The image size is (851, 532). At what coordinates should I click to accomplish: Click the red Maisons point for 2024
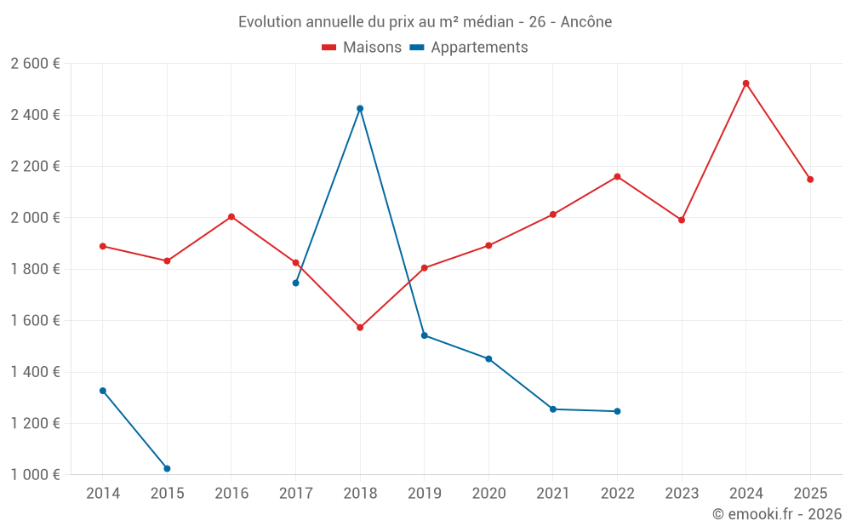(x=745, y=83)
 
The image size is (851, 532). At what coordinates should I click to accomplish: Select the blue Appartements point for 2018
(x=360, y=109)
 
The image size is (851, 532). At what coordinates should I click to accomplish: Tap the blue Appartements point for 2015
(x=167, y=468)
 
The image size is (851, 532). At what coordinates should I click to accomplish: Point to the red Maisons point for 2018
(x=360, y=328)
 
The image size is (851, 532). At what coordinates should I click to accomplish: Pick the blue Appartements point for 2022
(x=617, y=411)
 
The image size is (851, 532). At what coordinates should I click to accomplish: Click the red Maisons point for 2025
(x=810, y=180)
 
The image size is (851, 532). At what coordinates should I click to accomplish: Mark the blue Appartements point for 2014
(x=103, y=391)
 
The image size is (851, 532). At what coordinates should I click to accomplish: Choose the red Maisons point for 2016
(x=231, y=216)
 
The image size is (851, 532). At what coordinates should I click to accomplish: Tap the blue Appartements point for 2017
(x=296, y=283)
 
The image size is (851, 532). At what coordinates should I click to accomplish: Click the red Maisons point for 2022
(x=617, y=176)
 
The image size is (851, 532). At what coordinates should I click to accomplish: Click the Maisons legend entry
(x=362, y=47)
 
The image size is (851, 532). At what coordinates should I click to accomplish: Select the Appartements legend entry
(x=469, y=47)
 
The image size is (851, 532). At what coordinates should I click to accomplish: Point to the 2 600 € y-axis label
(x=35, y=64)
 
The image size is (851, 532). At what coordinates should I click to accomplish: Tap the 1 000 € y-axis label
(x=35, y=474)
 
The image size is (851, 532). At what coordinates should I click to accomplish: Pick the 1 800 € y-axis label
(x=35, y=269)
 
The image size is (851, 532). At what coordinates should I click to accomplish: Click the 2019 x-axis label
(x=425, y=494)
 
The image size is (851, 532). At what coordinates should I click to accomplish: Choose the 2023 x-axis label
(x=682, y=494)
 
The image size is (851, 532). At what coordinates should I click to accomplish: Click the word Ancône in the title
(x=586, y=22)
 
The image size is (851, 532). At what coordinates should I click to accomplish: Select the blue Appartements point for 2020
(x=488, y=359)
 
